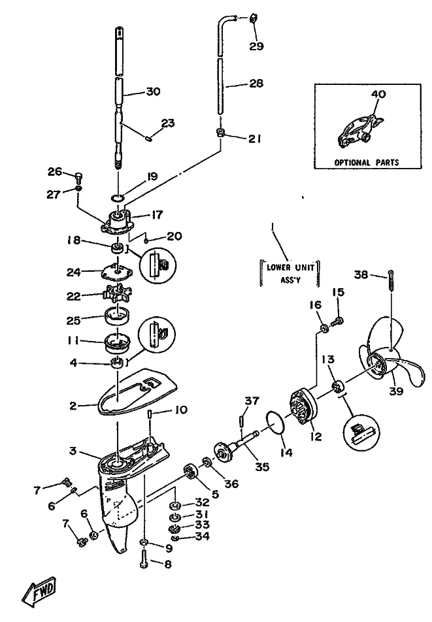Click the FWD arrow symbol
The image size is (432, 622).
pos(39,591)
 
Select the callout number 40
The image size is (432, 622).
pos(378,94)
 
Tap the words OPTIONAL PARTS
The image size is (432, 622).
pos(366,162)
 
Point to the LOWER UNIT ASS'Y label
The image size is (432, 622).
pos(290,271)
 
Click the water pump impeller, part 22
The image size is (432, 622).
pos(117,296)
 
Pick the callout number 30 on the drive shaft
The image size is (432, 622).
pos(152,92)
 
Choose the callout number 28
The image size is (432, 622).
pos(256,84)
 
